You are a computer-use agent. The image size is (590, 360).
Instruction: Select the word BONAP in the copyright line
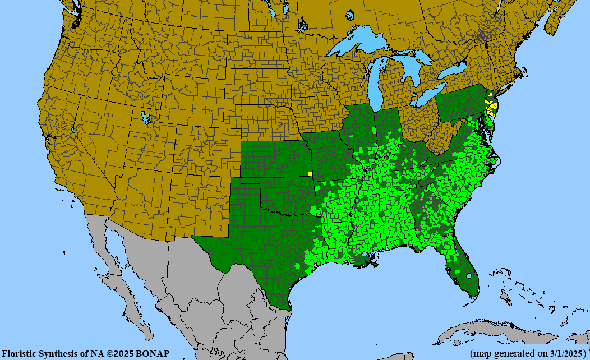tap(153, 354)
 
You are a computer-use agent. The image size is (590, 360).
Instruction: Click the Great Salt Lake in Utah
tap(147, 118)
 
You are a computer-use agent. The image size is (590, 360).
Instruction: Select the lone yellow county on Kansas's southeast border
tap(310, 174)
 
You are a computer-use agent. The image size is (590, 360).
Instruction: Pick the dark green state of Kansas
tap(271, 159)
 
